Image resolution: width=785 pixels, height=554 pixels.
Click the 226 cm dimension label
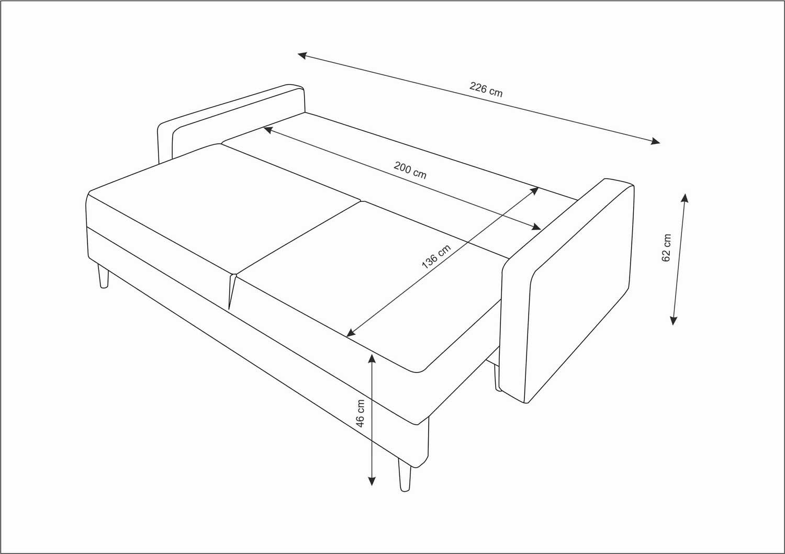(486, 89)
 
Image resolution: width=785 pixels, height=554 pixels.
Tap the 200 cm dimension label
(410, 171)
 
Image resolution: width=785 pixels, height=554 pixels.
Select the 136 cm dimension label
(436, 257)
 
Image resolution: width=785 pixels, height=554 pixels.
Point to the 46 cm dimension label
(361, 413)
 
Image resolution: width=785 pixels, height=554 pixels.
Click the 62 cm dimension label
(667, 248)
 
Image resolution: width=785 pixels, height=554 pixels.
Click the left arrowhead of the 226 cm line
(302, 55)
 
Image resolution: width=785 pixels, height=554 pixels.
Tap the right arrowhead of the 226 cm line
(655, 141)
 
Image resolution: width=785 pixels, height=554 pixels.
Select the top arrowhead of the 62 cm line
(685, 198)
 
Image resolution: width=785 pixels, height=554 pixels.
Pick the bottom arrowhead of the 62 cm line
(673, 320)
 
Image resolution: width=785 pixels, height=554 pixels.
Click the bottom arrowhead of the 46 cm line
(372, 481)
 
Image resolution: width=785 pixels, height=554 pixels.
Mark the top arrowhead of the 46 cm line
(372, 358)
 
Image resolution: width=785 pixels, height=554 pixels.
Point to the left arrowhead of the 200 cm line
(268, 130)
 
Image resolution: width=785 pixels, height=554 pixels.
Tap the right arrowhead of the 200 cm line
(536, 227)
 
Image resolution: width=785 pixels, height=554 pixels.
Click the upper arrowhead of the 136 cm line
(534, 190)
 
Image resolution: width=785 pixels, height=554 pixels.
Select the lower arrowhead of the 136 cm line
(351, 333)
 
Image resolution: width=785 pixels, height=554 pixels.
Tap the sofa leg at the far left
(103, 276)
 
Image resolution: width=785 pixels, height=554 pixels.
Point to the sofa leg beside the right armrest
(497, 378)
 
